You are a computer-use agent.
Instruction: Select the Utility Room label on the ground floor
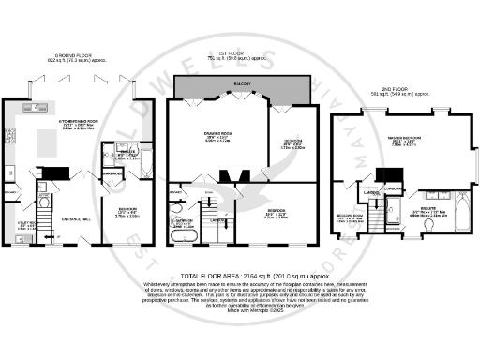(x=29, y=225)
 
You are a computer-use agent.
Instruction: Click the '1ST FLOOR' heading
(x=242, y=54)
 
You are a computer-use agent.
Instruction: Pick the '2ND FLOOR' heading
(x=392, y=88)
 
